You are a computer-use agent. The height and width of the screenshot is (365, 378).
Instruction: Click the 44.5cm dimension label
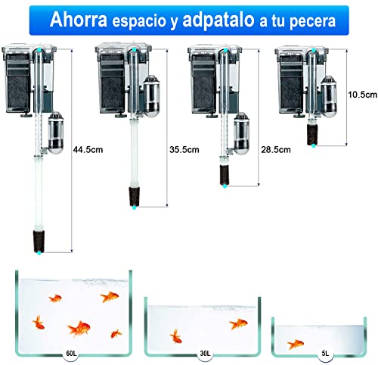coord(88,150)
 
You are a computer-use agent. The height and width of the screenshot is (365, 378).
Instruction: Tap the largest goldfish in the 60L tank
coord(79,328)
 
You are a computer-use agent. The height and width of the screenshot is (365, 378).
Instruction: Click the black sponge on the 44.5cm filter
coord(36,236)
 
